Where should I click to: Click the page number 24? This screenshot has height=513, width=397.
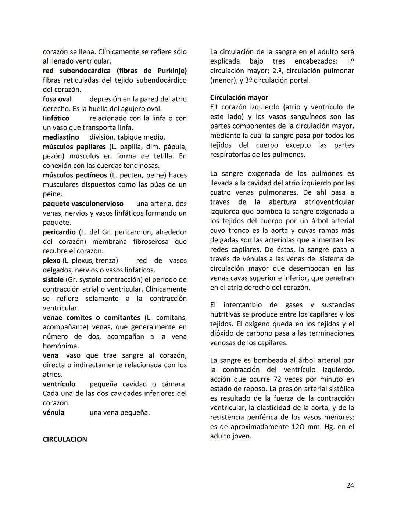(350, 485)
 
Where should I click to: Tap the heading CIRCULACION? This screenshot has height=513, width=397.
(65, 439)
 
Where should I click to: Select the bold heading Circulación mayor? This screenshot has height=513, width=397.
(239, 97)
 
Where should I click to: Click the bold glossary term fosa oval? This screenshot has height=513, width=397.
(57, 99)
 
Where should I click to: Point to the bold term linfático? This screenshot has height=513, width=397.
(56, 118)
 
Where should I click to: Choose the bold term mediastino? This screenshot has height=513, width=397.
(61, 137)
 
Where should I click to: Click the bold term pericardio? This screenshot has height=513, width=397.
(59, 232)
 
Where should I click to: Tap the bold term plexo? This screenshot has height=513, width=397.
(51, 260)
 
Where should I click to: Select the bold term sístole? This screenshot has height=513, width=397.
(53, 279)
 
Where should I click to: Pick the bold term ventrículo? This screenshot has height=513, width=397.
(59, 384)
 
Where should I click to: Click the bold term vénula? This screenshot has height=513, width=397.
(53, 412)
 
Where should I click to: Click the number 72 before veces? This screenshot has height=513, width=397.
(278, 379)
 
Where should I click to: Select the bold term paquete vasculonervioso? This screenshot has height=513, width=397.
(83, 203)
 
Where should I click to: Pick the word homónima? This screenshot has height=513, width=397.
(60, 346)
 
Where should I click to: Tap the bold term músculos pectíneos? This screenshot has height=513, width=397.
(75, 175)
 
